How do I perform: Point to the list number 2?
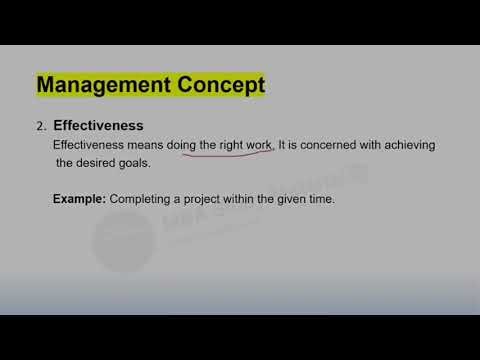41,127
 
